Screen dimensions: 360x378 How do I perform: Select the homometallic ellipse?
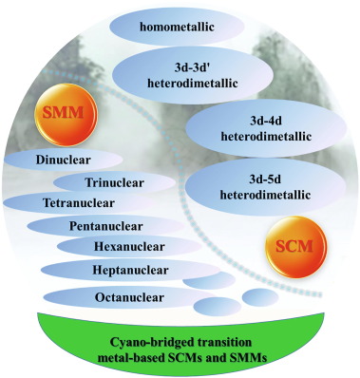click(x=177, y=27)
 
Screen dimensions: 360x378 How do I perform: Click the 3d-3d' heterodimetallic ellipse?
click(x=193, y=76)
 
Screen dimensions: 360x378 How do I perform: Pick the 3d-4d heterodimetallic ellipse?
click(x=266, y=129)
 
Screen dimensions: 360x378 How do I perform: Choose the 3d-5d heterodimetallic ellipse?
click(x=265, y=187)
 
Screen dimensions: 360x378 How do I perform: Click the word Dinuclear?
click(x=63, y=160)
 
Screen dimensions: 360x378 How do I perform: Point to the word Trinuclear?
click(x=114, y=182)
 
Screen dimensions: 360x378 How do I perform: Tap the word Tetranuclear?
click(x=79, y=202)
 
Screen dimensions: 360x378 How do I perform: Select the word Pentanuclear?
click(x=106, y=226)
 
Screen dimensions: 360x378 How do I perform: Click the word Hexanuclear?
click(x=129, y=246)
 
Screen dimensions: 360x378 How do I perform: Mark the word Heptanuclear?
click(x=130, y=271)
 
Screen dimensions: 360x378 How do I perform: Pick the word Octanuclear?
click(x=129, y=297)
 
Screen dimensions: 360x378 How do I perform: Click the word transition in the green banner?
click(x=224, y=342)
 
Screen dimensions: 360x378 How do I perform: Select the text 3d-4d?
click(x=266, y=121)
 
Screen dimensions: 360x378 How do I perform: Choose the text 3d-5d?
click(x=265, y=180)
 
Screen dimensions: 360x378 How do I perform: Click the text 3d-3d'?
click(x=193, y=68)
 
